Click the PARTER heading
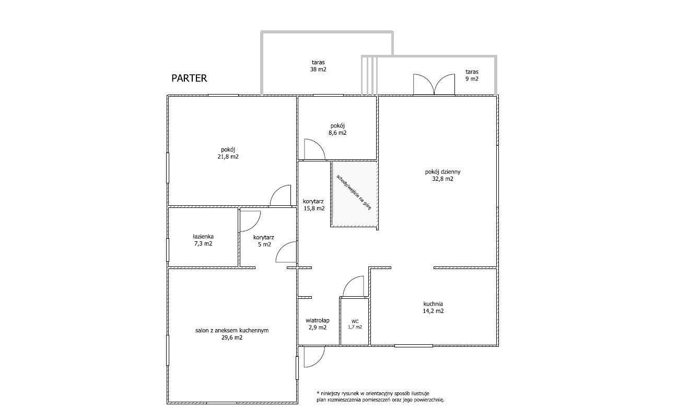pos(189,78)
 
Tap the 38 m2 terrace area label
pos(318,66)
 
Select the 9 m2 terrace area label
pos(472,75)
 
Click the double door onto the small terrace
pos(434,84)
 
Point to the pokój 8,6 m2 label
pos(337,129)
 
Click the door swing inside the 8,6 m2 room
pos(314,149)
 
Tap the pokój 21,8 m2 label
pos(228,153)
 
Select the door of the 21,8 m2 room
pos(280,195)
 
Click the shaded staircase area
pos(354,194)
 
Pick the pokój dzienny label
pos(442,176)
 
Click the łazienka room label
pos(203,240)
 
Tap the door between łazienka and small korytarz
pos(250,221)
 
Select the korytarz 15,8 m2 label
pos(313,205)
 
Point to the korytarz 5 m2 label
pos(264,241)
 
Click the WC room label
pos(355,324)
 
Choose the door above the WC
pos(354,286)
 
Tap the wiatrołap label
pos(318,324)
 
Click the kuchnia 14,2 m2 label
pos(433,307)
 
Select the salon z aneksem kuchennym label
pos(232,334)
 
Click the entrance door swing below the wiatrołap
pos(314,357)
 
